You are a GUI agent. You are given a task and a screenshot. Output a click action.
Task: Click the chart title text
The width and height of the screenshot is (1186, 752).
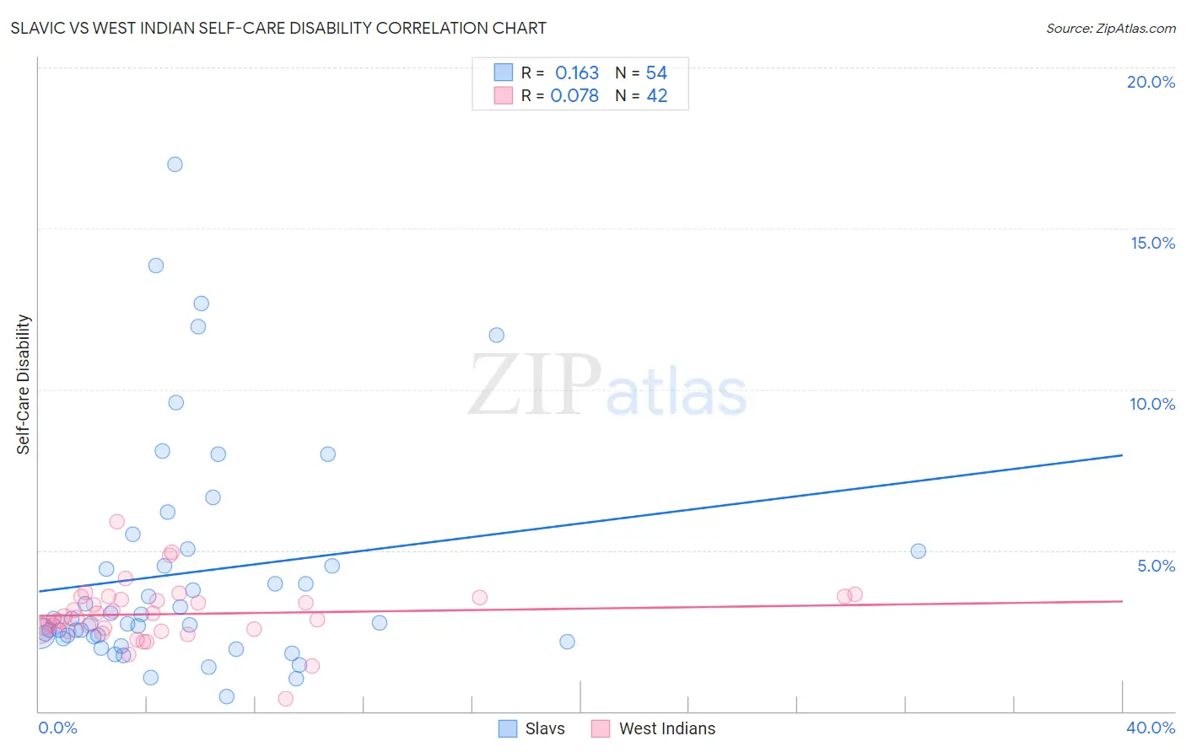point(278,28)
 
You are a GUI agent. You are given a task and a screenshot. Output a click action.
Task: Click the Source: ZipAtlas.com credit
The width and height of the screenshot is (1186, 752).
point(1110,28)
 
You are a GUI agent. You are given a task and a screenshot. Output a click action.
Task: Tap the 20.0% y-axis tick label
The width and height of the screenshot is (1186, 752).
point(1151,82)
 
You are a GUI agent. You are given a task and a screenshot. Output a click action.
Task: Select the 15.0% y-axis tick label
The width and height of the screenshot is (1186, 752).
point(1152,243)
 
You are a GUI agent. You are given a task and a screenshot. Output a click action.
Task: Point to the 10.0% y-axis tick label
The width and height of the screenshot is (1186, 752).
point(1152,404)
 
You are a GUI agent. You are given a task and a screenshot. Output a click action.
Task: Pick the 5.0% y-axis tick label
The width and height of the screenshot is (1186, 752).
point(1156,566)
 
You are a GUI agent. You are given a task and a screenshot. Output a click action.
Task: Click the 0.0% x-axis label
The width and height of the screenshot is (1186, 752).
point(57,728)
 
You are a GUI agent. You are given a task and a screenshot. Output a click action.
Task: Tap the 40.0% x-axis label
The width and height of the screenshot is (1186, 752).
point(1150,728)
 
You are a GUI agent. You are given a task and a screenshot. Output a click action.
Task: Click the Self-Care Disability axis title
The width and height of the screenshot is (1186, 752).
point(24,384)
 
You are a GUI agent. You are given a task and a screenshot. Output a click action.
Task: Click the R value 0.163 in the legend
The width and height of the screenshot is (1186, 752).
point(577,73)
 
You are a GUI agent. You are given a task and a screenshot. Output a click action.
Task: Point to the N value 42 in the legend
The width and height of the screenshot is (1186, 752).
point(656,96)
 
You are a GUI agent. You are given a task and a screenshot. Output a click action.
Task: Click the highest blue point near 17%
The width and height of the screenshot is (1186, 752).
point(175,164)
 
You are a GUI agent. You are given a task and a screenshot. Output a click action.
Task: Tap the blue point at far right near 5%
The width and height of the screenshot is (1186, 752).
point(918,551)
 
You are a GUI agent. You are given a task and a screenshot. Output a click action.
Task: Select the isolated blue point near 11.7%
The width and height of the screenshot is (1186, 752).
point(496,336)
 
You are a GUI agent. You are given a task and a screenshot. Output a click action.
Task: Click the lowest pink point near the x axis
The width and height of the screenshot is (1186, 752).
point(285,698)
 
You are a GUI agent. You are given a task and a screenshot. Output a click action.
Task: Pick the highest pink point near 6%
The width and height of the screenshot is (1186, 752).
point(116,522)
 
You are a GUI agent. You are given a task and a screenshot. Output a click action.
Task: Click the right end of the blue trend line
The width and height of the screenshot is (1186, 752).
point(1121,455)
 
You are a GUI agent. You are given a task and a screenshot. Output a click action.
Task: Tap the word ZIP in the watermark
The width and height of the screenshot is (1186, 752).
point(535,385)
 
